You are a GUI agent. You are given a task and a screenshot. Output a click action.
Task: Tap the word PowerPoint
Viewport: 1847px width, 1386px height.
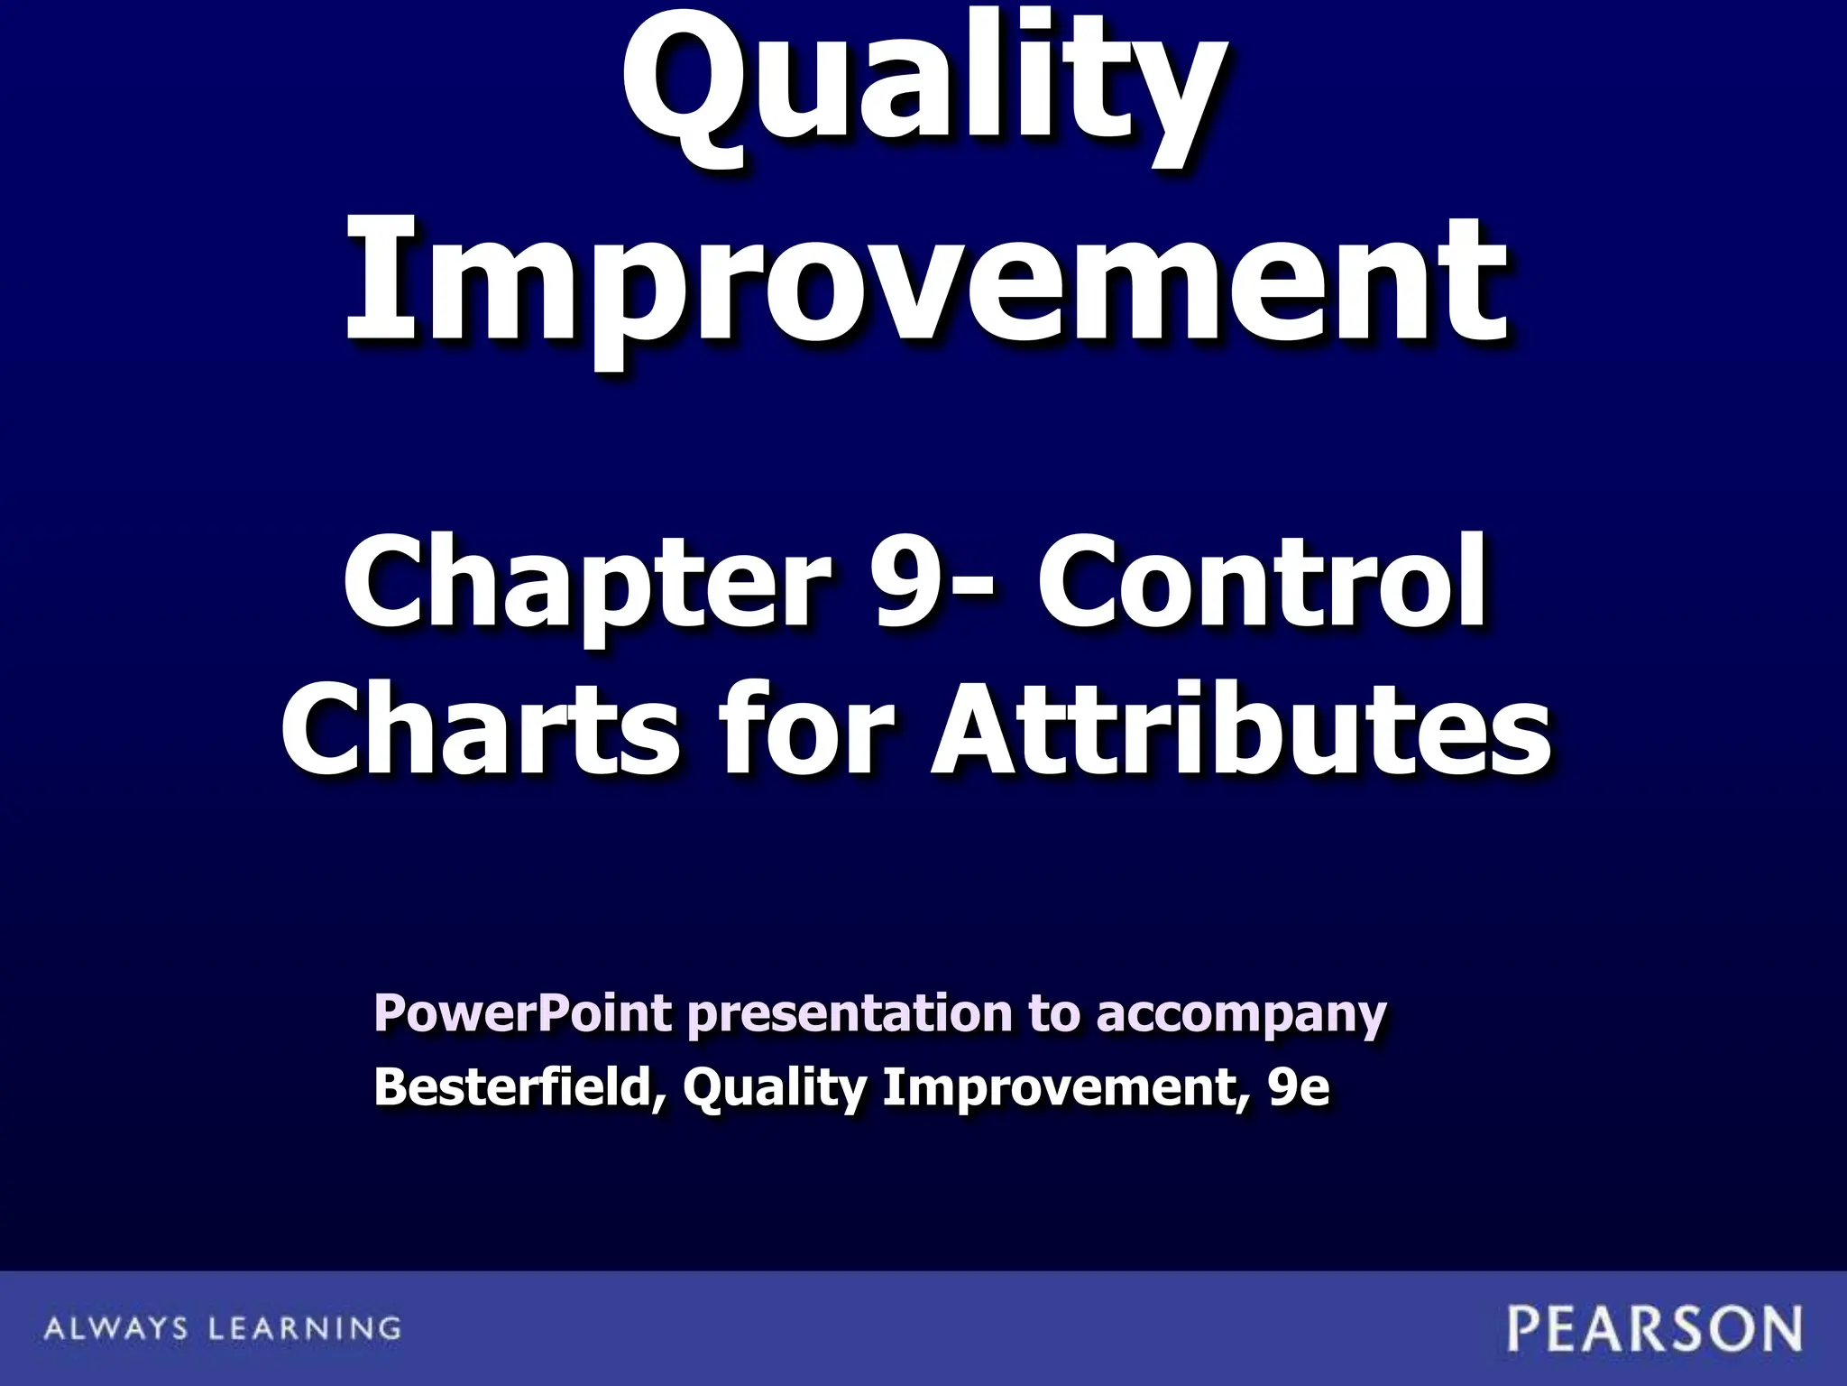(522, 1013)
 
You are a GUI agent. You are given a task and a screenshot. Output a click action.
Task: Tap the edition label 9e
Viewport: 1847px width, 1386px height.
(1298, 1087)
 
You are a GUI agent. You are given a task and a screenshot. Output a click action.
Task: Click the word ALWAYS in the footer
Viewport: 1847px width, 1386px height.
(116, 1328)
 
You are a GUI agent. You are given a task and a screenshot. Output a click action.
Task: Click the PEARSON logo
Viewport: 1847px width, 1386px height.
(1655, 1329)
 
